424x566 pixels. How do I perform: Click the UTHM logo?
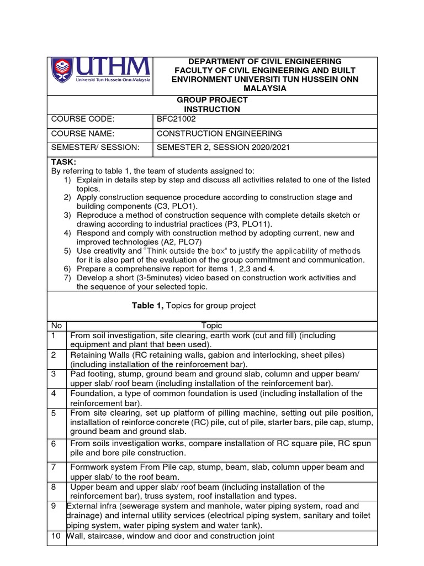click(x=100, y=75)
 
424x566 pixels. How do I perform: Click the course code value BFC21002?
click(x=176, y=119)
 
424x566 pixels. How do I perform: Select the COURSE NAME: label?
click(x=82, y=133)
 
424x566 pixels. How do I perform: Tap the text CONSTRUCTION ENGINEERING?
click(x=219, y=133)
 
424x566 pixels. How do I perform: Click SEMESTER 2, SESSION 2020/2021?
click(x=223, y=147)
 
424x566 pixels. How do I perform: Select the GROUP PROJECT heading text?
click(x=212, y=99)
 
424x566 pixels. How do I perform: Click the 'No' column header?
click(x=56, y=326)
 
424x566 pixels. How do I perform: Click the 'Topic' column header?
click(x=211, y=326)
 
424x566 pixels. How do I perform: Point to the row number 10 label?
click(x=56, y=536)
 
